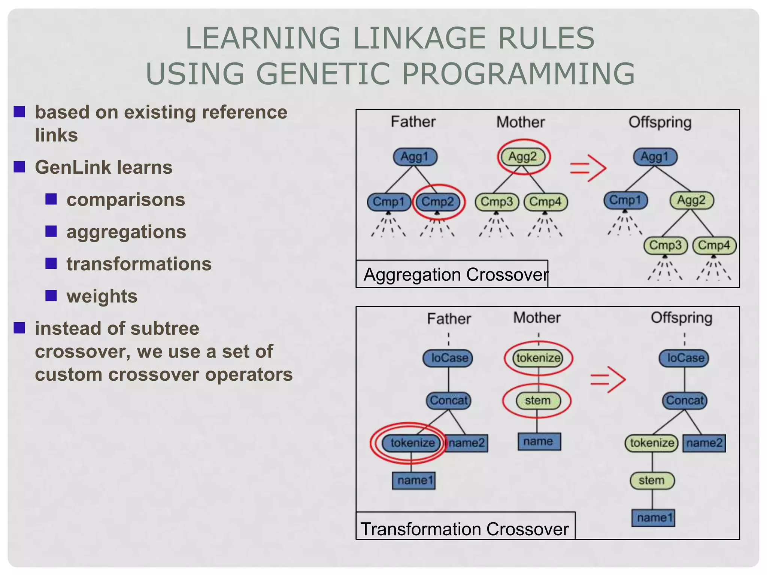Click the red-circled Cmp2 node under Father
point(437,202)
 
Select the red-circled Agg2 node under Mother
point(523,156)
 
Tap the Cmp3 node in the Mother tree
point(497,202)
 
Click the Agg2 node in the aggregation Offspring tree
point(691,200)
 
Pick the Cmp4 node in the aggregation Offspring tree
point(714,246)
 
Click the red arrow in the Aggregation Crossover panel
point(588,168)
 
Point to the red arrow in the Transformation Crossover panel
point(608,380)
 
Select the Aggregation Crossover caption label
point(455,275)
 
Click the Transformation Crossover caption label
point(464,529)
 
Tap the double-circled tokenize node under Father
point(412,443)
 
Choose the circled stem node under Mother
point(537,401)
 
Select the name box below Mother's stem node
point(539,442)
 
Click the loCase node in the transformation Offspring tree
point(685,358)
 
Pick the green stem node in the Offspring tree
point(652,481)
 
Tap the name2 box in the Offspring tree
point(704,443)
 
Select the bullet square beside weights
point(51,296)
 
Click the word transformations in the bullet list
point(139,264)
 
